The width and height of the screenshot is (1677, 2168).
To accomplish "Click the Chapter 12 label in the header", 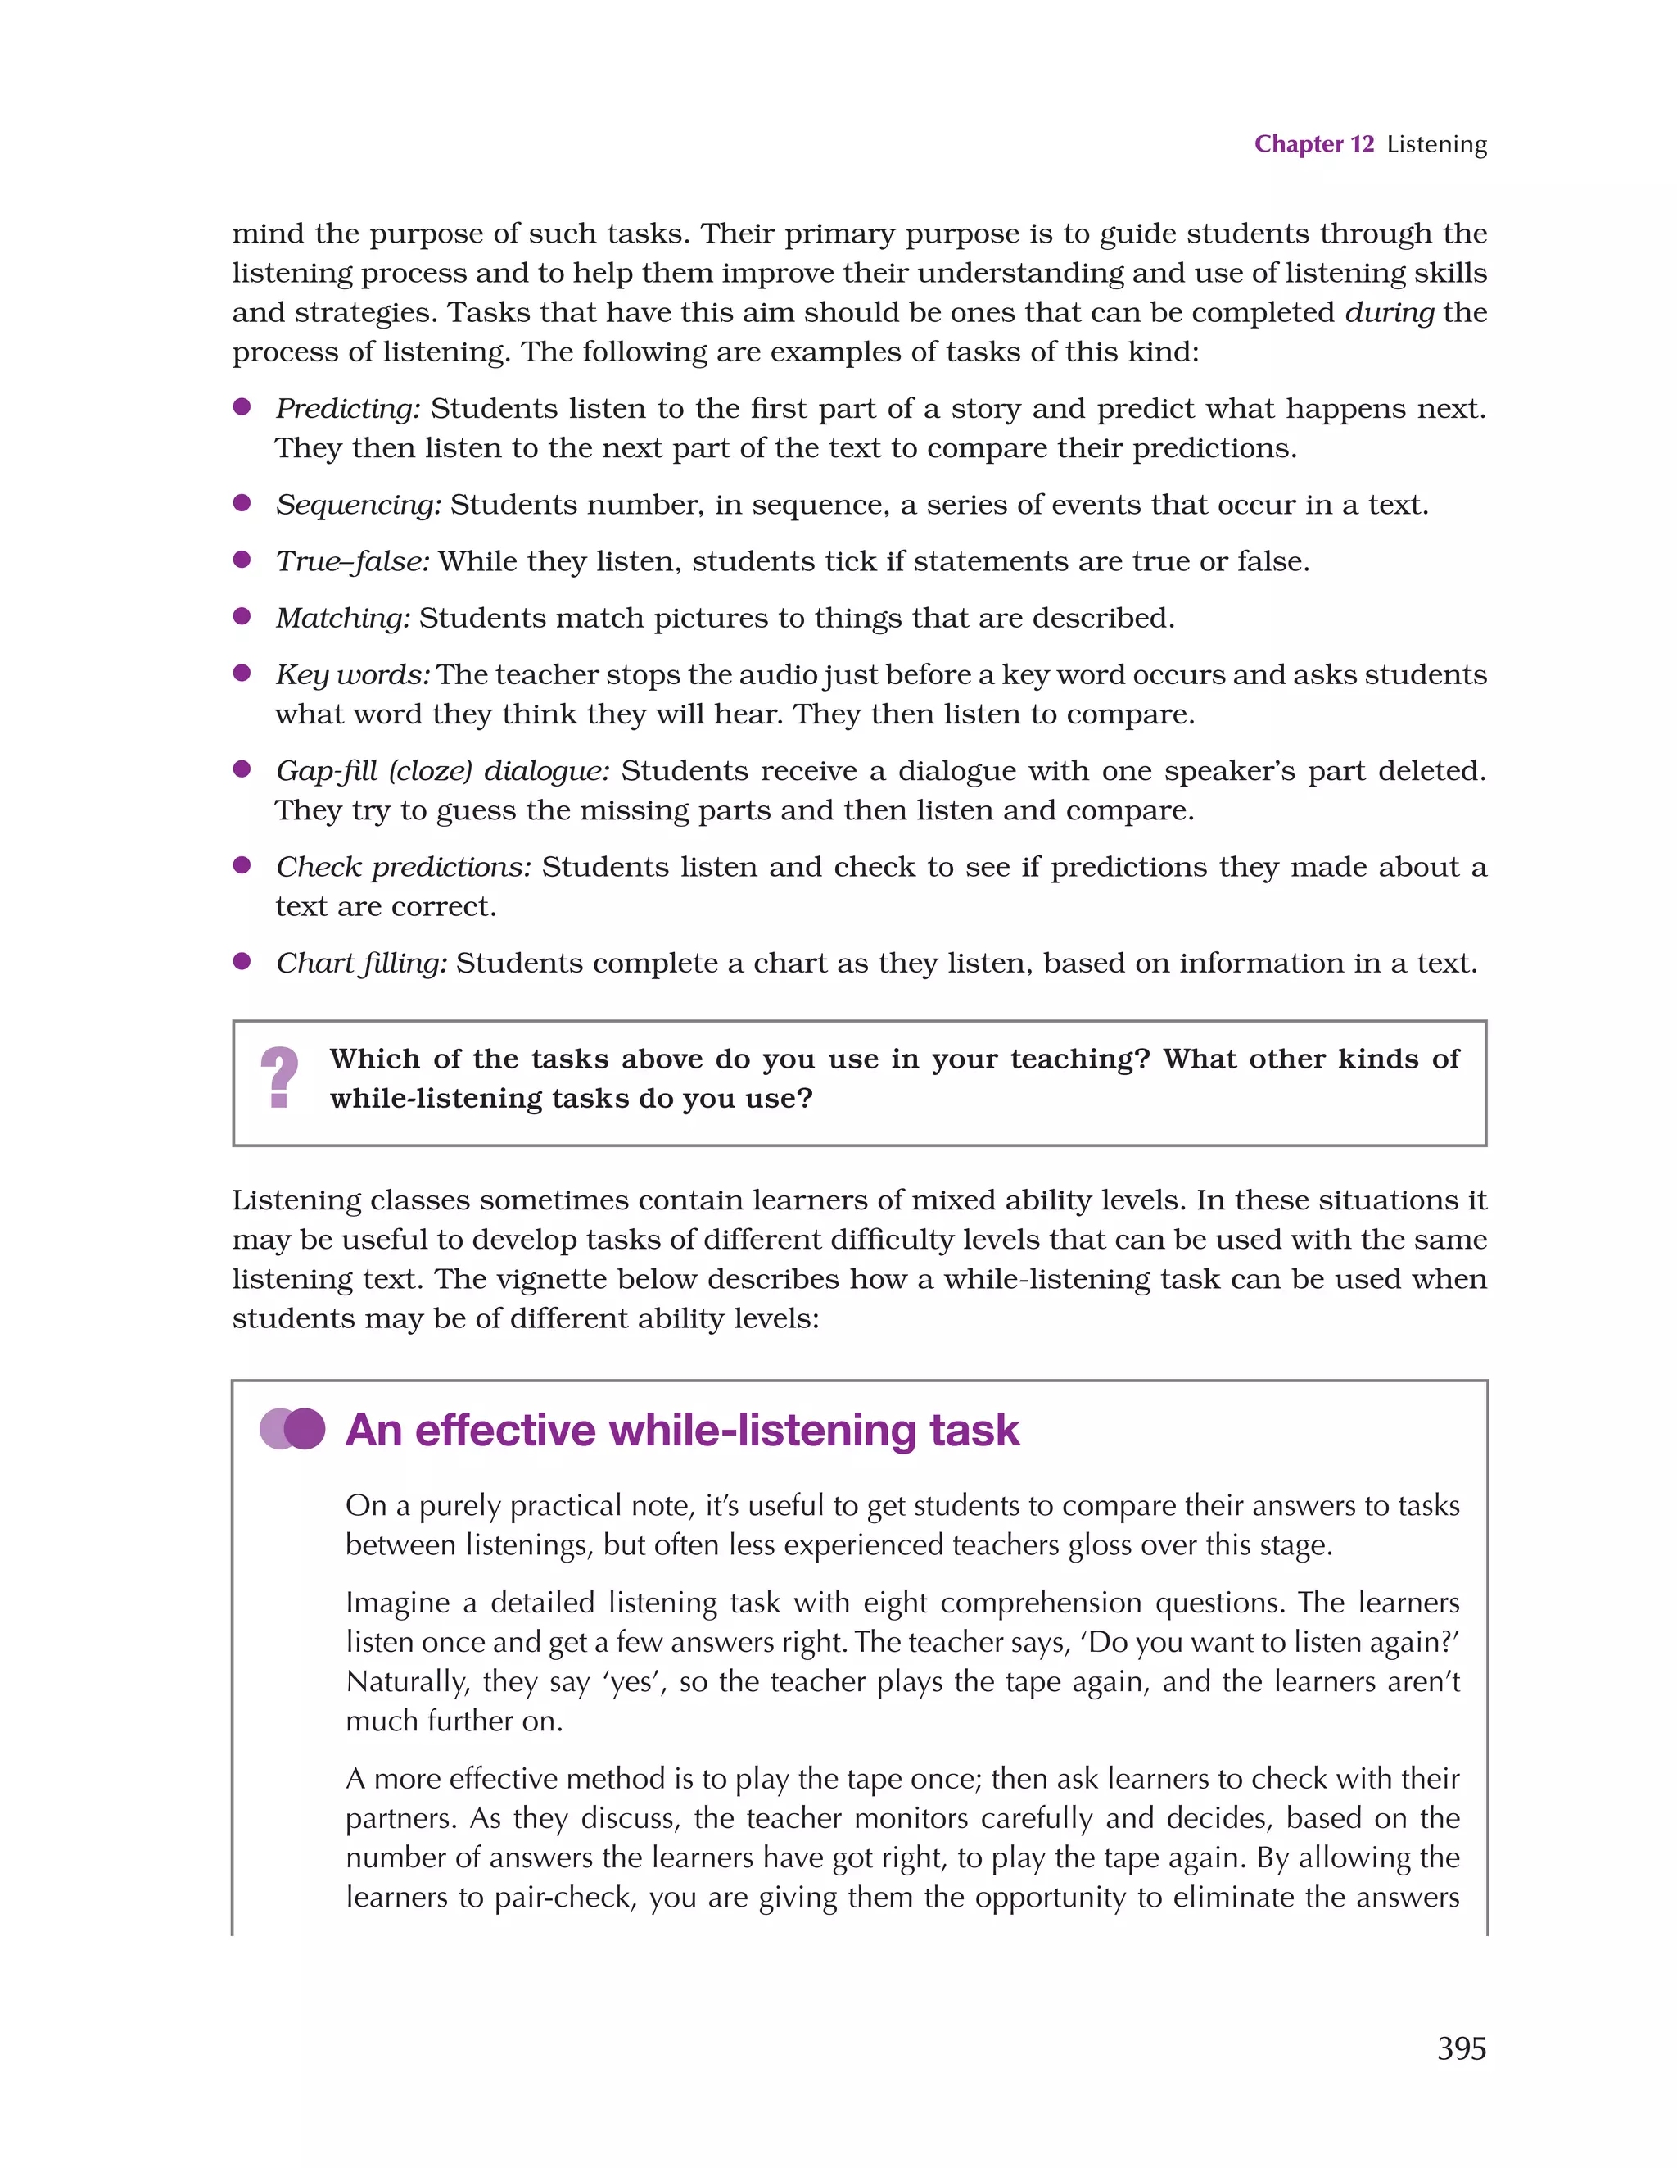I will click(x=1313, y=144).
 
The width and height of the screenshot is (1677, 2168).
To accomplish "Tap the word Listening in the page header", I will click(x=1436, y=145).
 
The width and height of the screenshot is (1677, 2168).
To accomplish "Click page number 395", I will click(x=1461, y=2048).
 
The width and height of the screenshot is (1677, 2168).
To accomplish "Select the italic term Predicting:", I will click(x=348, y=409).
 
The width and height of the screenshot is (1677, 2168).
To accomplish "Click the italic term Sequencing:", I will click(x=358, y=506).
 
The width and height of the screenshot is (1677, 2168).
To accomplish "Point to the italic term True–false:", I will click(x=352, y=562).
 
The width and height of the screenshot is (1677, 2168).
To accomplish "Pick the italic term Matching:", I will click(x=342, y=619).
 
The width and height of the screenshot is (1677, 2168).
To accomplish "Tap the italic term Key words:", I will click(x=352, y=675).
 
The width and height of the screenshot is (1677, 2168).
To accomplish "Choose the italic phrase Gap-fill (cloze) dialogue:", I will click(x=442, y=771).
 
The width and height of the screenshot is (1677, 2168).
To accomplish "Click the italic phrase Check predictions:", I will click(x=404, y=868).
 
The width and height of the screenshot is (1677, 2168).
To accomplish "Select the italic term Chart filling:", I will click(x=361, y=964).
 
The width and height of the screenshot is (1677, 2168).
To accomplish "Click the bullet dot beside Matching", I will click(x=241, y=616).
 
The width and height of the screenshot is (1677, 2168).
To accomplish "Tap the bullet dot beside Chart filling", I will click(x=241, y=961).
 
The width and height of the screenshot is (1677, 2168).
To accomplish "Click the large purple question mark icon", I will click(x=279, y=1078).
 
